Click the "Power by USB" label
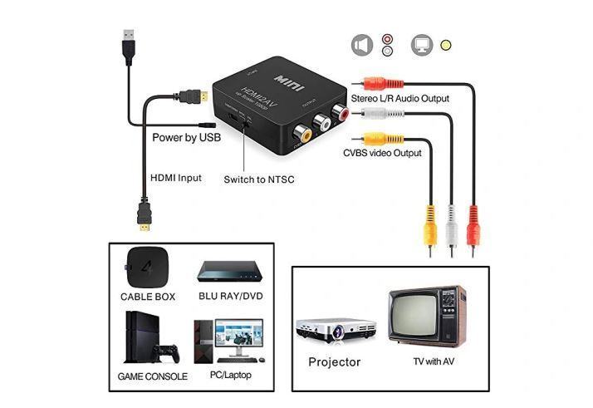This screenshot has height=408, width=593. point(186,138)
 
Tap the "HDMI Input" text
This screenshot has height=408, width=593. point(175,178)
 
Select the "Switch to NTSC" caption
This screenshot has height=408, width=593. point(258,179)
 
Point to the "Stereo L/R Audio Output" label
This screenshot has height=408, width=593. point(399,98)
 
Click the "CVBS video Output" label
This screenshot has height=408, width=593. point(382,153)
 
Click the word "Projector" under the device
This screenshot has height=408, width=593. point(335,362)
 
